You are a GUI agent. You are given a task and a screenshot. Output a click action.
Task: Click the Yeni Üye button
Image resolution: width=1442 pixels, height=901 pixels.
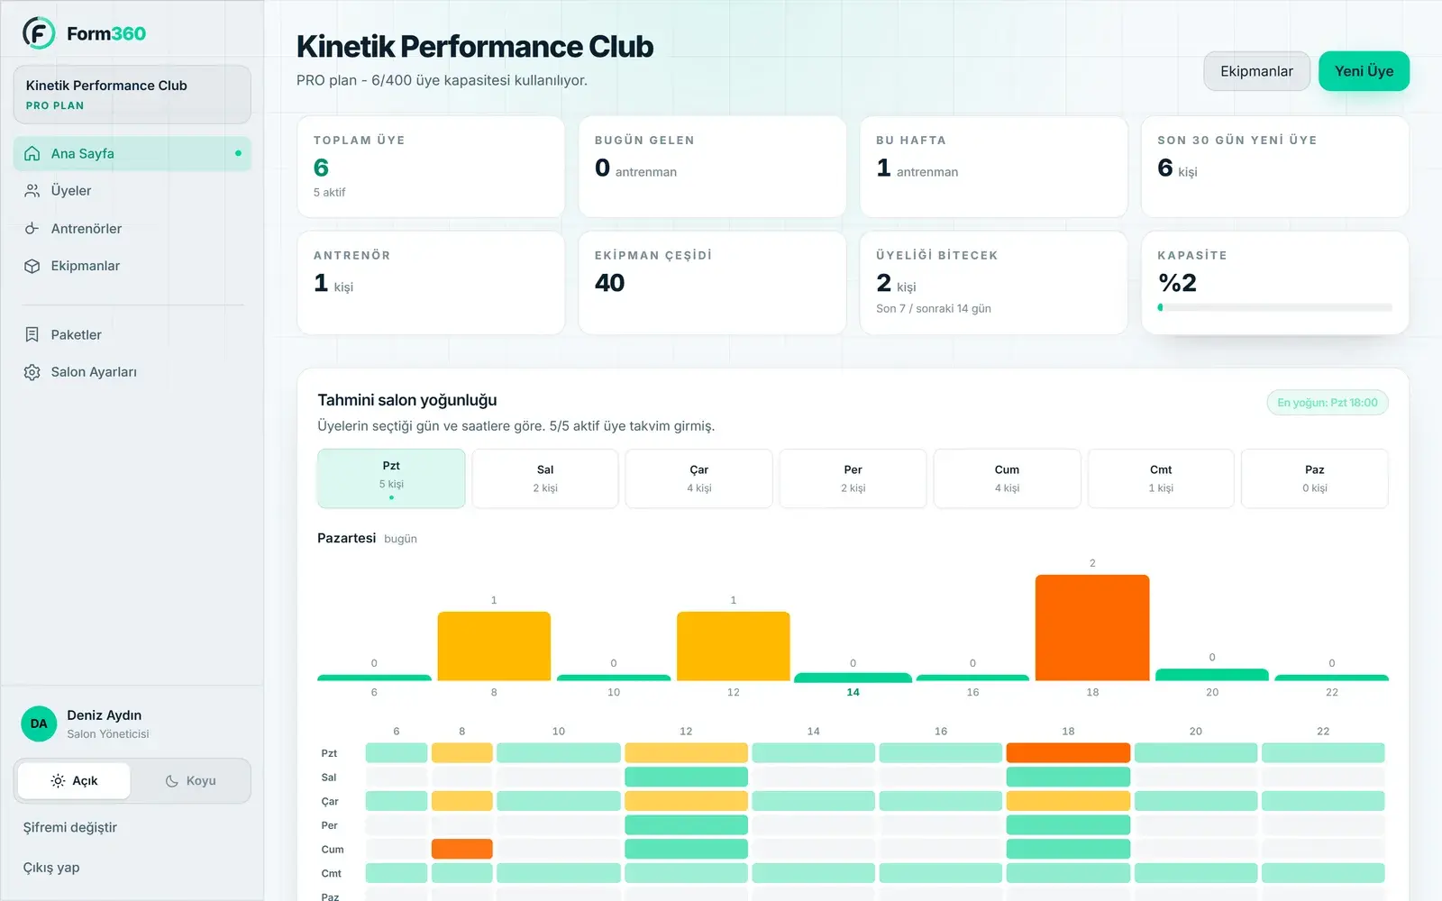pyautogui.click(x=1364, y=71)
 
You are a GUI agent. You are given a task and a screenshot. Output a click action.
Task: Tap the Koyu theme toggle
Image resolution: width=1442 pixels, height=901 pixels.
pyautogui.click(x=190, y=780)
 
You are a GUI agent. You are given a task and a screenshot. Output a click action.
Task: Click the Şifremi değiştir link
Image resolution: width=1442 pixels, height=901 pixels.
pyautogui.click(x=70, y=828)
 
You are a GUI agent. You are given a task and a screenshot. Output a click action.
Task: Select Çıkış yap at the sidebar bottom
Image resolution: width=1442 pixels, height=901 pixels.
pyautogui.click(x=51, y=868)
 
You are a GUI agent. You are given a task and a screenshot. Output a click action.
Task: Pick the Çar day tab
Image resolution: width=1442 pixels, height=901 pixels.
pyautogui.click(x=698, y=478)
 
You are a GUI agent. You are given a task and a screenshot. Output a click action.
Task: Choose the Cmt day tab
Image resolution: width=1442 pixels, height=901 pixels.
pyautogui.click(x=1161, y=478)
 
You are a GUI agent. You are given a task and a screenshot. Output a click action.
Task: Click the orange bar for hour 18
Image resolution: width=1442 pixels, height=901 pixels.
pyautogui.click(x=1091, y=627)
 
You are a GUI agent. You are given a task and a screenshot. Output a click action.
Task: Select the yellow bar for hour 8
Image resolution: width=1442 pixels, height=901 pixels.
pyautogui.click(x=494, y=646)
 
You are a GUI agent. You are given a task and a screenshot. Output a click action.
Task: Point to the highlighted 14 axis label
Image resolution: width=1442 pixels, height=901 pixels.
pyautogui.click(x=853, y=693)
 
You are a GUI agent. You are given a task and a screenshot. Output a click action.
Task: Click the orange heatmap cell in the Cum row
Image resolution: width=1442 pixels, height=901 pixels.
pyautogui.click(x=461, y=849)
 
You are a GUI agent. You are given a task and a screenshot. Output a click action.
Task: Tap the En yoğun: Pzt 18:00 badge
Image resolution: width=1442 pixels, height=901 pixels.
pyautogui.click(x=1328, y=403)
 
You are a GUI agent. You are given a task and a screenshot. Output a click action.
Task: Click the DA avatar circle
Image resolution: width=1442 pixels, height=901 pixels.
pyautogui.click(x=39, y=724)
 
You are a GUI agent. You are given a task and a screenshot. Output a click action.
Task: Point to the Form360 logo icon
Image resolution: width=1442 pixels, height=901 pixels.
pyautogui.click(x=39, y=32)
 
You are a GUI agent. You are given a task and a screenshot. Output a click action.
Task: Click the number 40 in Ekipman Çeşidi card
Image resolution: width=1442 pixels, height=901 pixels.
pyautogui.click(x=609, y=283)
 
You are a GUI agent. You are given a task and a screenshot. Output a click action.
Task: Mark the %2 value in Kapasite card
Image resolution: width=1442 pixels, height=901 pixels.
pyautogui.click(x=1177, y=283)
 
